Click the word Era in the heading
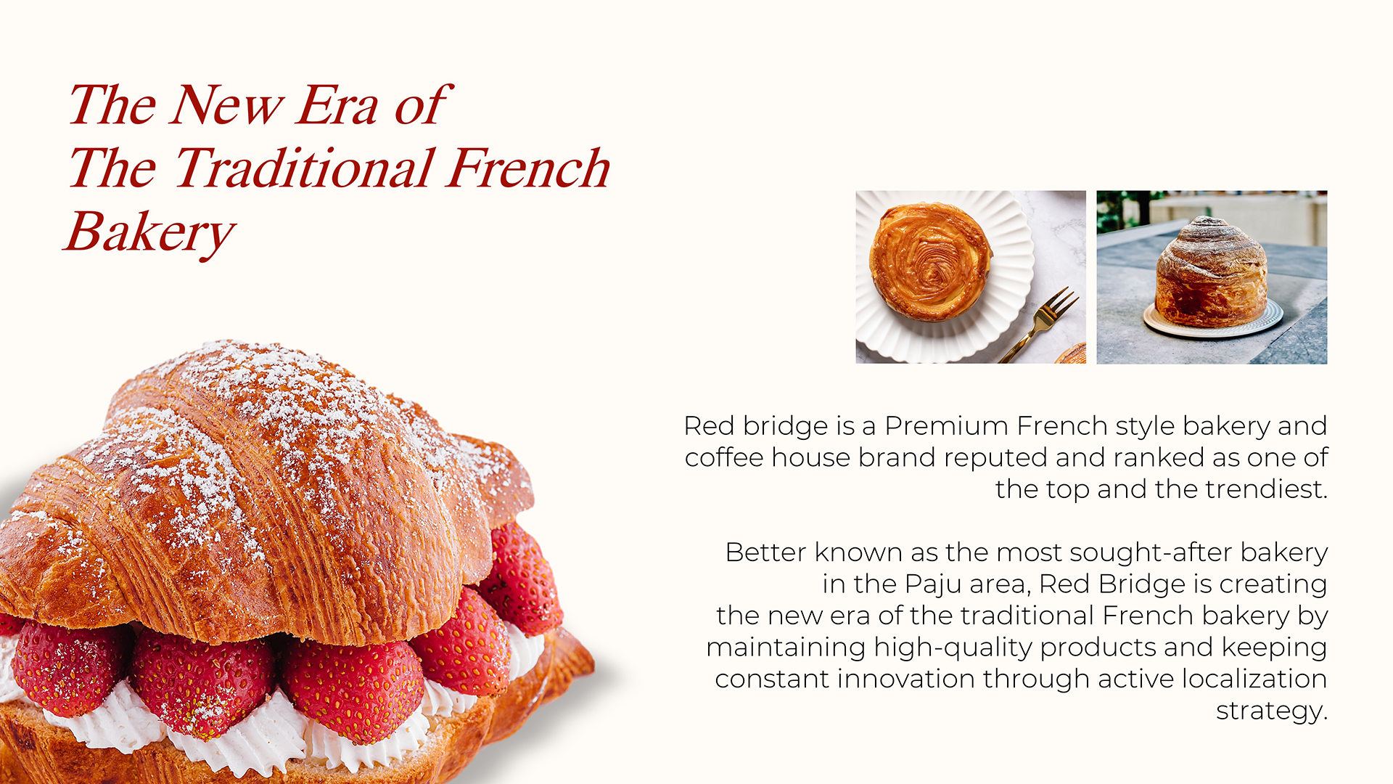pyautogui.click(x=337, y=105)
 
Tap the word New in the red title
pyautogui.click(x=226, y=105)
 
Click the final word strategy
pyautogui.click(x=1271, y=711)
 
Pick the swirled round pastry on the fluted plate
pyautogui.click(x=931, y=261)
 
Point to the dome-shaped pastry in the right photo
pyautogui.click(x=1211, y=272)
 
